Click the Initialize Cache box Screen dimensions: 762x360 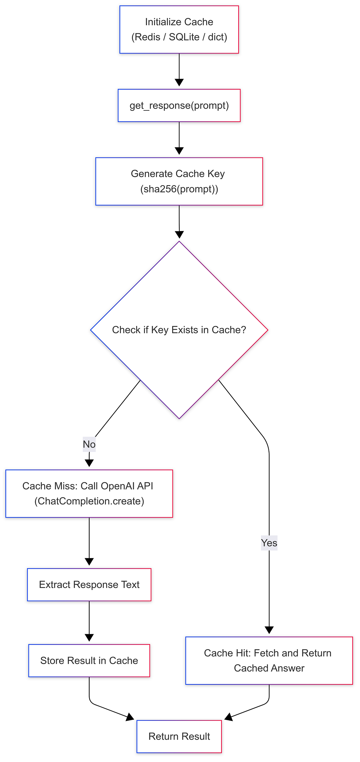179,29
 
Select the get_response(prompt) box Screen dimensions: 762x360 179,105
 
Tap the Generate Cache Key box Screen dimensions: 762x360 179,181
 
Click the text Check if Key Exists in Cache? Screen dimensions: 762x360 179,330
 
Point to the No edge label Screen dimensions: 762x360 89,444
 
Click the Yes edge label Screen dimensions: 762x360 269,543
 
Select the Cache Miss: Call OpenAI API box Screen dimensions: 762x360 89,493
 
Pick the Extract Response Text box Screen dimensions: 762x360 89,585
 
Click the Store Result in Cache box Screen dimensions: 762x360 89,661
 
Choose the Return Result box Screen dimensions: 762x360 179,736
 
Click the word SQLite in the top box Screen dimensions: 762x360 184,37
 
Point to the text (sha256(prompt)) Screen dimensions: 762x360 179,189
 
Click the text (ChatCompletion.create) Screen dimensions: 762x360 89,501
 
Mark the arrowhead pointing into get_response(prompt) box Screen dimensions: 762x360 179,83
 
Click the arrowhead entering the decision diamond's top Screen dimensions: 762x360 179,235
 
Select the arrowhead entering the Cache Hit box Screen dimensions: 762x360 269,630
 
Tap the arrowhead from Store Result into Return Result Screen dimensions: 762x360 130,717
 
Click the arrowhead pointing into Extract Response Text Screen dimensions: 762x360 89,562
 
